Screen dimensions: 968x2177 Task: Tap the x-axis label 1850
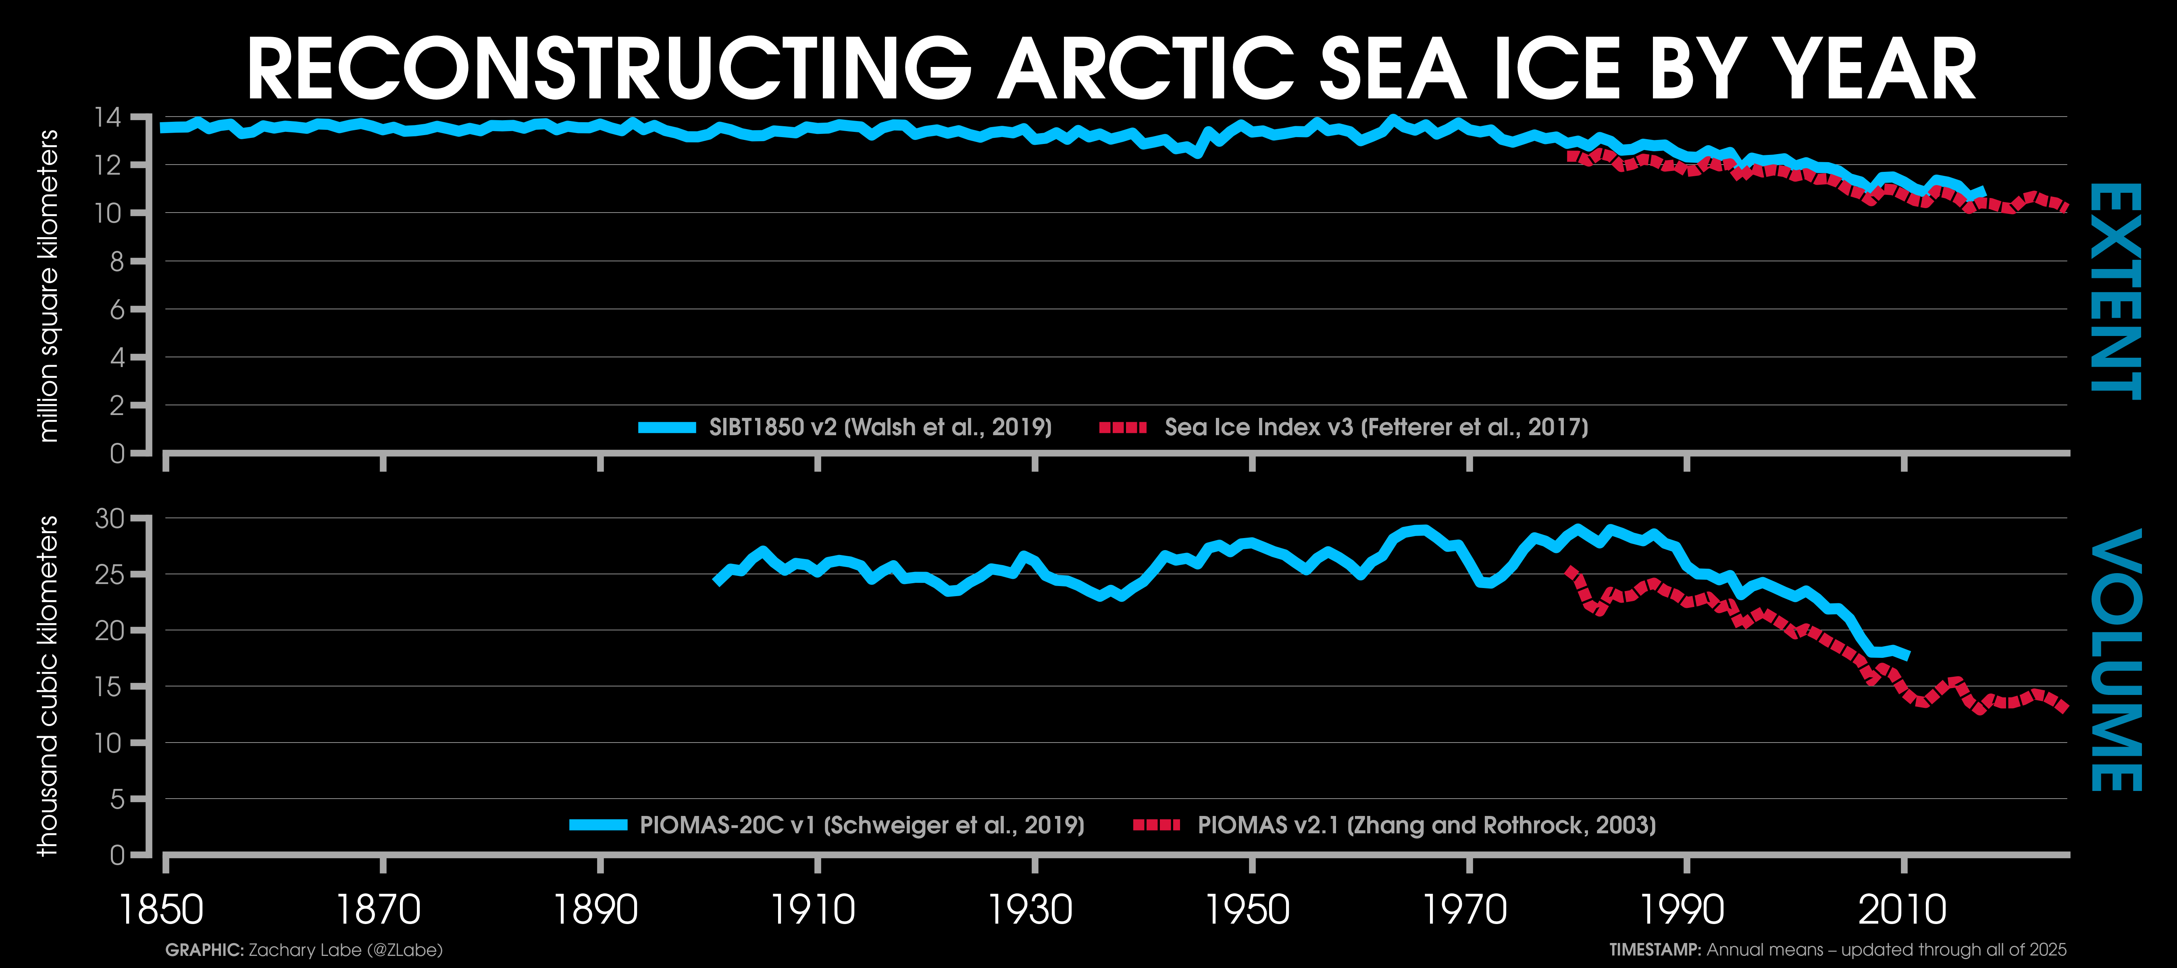pyautogui.click(x=161, y=910)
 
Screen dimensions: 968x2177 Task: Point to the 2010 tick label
pyautogui.click(x=1902, y=910)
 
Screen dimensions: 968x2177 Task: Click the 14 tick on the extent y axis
pyautogui.click(x=109, y=117)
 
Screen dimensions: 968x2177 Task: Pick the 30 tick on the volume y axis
pyautogui.click(x=109, y=518)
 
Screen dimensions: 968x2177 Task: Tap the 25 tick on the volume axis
pyautogui.click(x=109, y=575)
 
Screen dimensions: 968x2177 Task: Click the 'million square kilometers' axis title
pyautogui.click(x=49, y=286)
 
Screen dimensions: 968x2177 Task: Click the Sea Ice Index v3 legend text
pyautogui.click(x=1376, y=427)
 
